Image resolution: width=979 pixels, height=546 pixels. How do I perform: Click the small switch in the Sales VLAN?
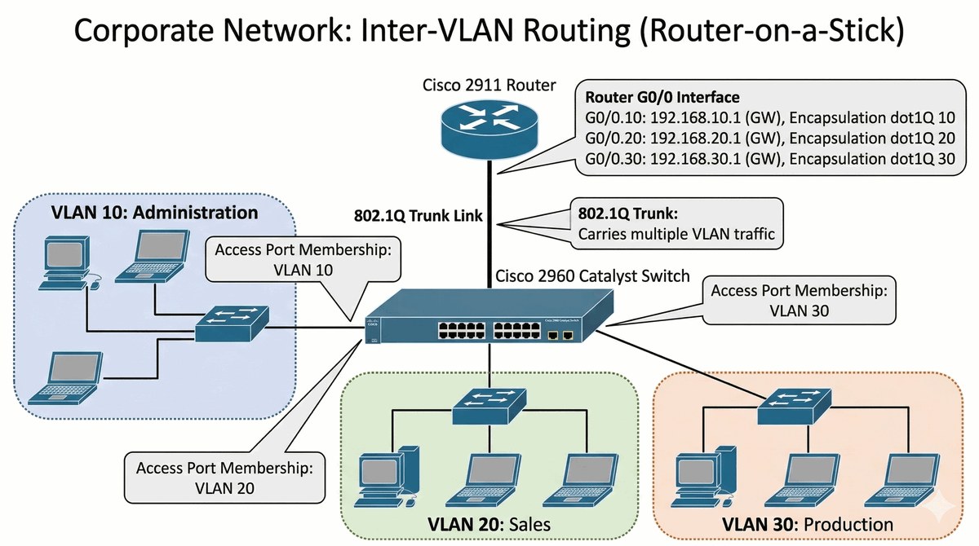[489, 403]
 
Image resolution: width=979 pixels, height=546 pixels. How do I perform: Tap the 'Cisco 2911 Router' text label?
[489, 85]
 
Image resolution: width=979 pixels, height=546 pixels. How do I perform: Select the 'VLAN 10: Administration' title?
[155, 214]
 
